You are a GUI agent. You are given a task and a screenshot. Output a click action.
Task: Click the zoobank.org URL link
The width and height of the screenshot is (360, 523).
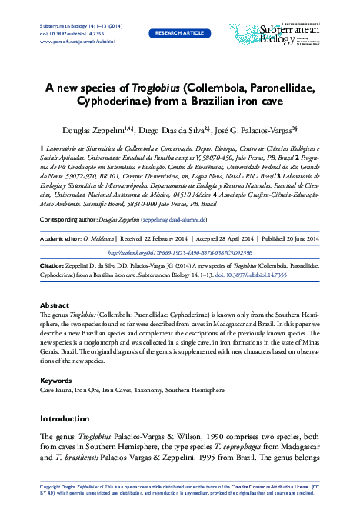pyautogui.click(x=178, y=230)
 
